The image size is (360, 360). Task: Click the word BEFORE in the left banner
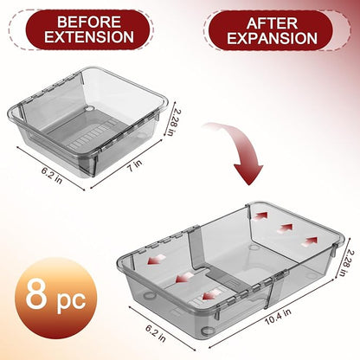(89, 22)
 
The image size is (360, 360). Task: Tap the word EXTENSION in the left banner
(89, 37)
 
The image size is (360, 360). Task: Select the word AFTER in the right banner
(272, 23)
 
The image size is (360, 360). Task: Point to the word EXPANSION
(272, 38)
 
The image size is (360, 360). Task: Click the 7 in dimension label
(135, 166)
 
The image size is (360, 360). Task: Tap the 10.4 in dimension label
(278, 317)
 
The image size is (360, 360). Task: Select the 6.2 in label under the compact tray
(52, 175)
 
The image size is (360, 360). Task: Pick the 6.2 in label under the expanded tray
(156, 333)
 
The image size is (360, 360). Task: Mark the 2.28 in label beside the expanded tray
(346, 262)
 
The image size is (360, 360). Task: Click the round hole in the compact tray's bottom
(90, 109)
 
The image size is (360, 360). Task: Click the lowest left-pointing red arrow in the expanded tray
(212, 295)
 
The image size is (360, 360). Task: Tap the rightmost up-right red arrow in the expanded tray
(310, 241)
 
